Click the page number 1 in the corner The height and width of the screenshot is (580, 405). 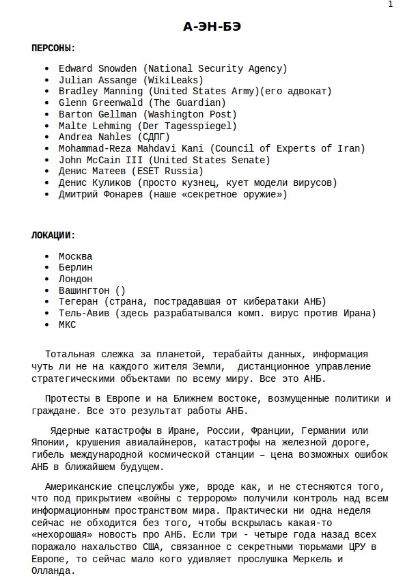[390, 5]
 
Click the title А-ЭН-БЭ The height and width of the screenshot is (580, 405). [212, 27]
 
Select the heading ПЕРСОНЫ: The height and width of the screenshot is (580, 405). [53, 49]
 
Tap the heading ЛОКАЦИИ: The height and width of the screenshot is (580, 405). [53, 235]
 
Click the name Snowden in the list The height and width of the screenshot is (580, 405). [118, 68]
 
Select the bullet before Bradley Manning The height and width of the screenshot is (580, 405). [46, 92]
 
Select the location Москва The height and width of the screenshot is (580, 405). [75, 256]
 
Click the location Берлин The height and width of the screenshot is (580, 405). [75, 268]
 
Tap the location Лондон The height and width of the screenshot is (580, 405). [75, 279]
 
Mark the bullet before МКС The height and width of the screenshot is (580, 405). [46, 325]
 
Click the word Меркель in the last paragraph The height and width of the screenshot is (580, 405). [301, 559]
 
